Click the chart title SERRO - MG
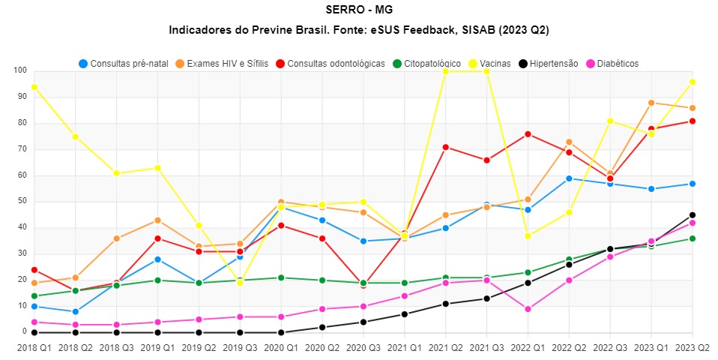359,10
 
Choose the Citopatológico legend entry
438,64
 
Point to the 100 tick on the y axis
19,70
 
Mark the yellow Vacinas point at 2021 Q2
445,71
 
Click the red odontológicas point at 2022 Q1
528,134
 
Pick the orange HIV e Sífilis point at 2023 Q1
651,103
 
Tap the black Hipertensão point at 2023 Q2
693,215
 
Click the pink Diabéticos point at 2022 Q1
528,309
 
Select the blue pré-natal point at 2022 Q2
569,178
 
